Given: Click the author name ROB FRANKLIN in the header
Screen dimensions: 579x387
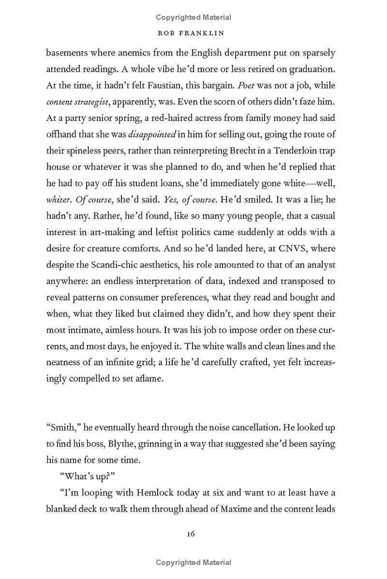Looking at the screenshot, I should click(x=193, y=34).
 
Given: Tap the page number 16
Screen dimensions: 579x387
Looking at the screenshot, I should click(x=191, y=534).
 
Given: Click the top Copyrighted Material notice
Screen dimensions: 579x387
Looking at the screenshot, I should click(x=193, y=17).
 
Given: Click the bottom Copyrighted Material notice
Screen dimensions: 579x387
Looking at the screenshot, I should click(x=193, y=563).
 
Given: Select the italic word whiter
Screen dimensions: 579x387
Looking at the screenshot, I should click(x=58, y=200).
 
